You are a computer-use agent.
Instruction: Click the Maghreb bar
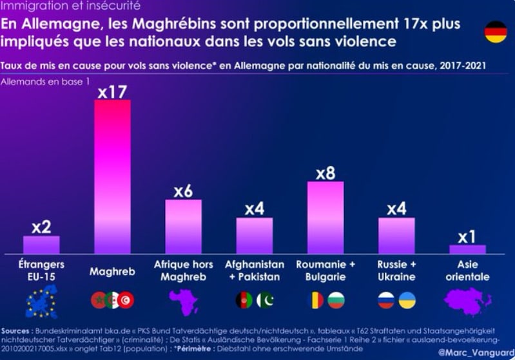(112, 176)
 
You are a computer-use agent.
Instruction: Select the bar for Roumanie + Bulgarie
(325, 217)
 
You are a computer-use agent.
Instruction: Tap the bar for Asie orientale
(467, 249)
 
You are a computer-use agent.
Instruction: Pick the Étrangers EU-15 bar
(41, 245)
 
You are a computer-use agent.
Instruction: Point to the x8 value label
(325, 173)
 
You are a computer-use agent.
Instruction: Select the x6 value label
(183, 192)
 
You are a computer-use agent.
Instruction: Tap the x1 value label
(467, 236)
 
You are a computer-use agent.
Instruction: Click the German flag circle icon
(496, 32)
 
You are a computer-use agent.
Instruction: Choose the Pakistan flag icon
(265, 300)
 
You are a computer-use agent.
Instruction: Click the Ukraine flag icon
(407, 300)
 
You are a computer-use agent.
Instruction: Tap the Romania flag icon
(316, 300)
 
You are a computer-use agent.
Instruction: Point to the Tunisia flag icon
(127, 300)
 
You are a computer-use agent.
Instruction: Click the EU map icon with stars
(41, 301)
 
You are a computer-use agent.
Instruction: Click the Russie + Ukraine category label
(396, 271)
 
